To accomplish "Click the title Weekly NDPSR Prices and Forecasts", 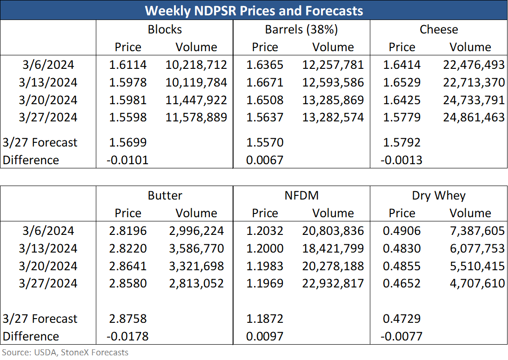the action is coord(254,11).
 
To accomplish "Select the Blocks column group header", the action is coord(165,29).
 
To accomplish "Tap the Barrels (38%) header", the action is coord(301,29).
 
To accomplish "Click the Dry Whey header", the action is coord(439,196).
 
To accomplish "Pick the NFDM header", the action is coord(301,195).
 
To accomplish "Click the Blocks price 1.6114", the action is coord(127,65).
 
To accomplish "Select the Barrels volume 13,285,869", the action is coord(333,100).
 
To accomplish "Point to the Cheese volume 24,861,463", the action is coord(474,117).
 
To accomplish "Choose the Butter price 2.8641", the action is coord(127,266).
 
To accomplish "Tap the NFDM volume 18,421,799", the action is coord(333,248).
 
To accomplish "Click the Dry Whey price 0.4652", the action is coord(401,284).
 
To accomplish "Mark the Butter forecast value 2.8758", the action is coord(127,319).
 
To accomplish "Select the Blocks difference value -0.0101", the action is coord(127,160).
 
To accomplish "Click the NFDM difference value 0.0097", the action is coord(265,336).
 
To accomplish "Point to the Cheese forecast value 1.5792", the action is coord(401,142).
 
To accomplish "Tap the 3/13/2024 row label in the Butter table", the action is coord(48,248).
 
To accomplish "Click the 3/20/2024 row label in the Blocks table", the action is coord(48,100).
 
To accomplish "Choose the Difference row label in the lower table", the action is coord(31,336).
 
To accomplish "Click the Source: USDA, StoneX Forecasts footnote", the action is coord(65,352).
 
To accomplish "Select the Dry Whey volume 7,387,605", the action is coord(477,231).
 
